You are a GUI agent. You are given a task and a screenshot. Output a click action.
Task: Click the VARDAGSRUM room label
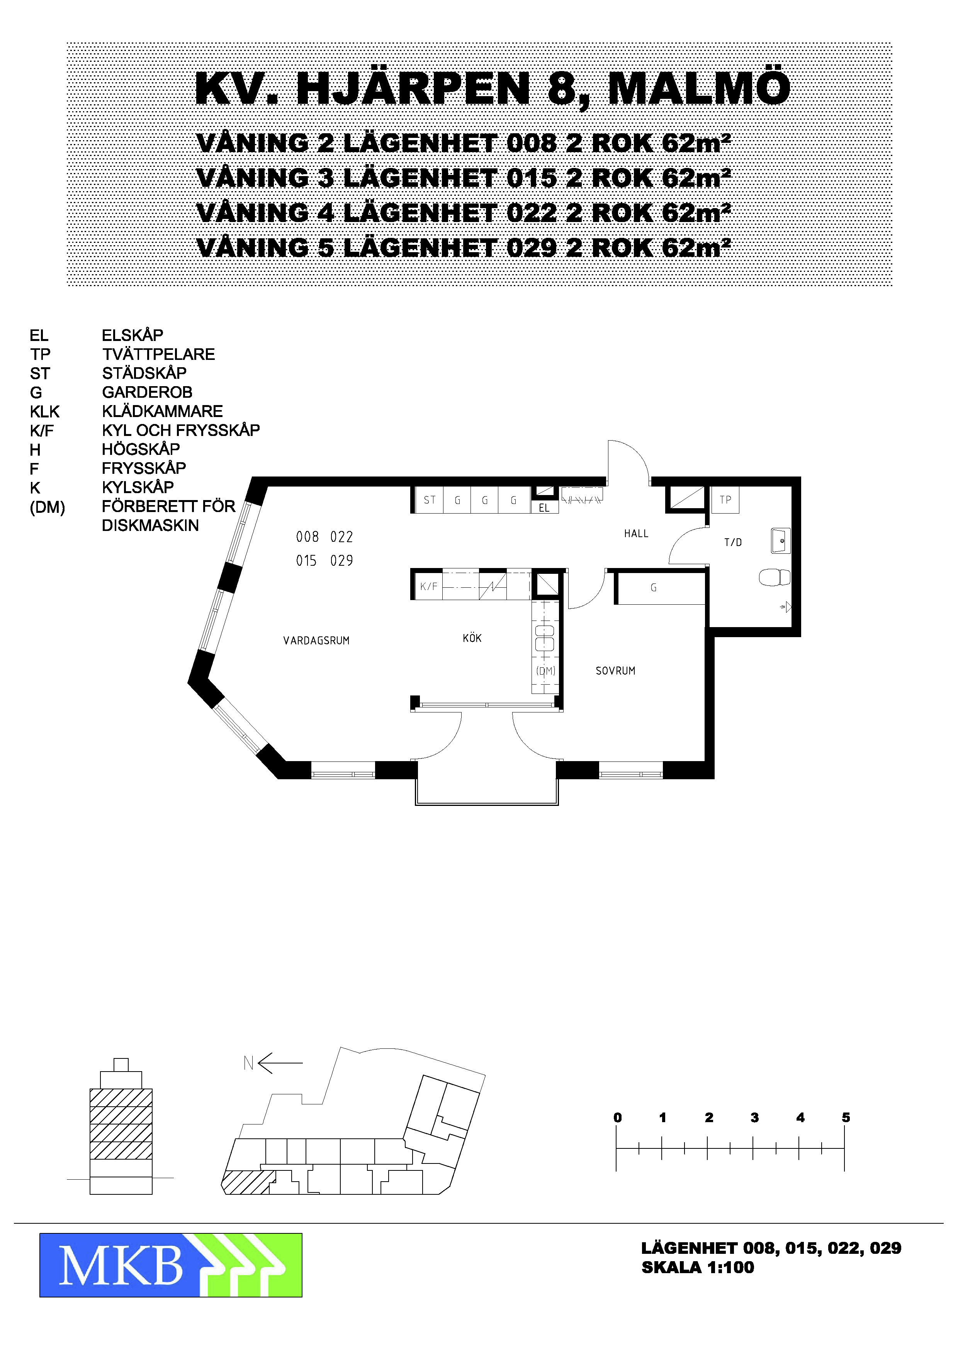pyautogui.click(x=316, y=640)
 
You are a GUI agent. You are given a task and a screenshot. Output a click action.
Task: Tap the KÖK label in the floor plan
pyautogui.click(x=472, y=638)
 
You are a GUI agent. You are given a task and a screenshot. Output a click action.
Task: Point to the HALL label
pyautogui.click(x=636, y=534)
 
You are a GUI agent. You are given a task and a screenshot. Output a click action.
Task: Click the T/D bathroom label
pyautogui.click(x=733, y=543)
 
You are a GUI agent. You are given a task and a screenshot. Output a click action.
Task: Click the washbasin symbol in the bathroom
pyautogui.click(x=781, y=541)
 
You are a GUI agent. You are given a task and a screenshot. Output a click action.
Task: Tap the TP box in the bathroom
pyautogui.click(x=725, y=500)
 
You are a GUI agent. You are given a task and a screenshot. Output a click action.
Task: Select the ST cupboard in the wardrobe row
pyautogui.click(x=429, y=500)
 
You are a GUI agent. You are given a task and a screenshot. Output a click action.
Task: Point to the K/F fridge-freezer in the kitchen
pyautogui.click(x=428, y=586)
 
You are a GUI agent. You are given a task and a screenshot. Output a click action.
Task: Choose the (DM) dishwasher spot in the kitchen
pyautogui.click(x=545, y=671)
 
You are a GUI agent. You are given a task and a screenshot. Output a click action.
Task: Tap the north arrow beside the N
pyautogui.click(x=280, y=1063)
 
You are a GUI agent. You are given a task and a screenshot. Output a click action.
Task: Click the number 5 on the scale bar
pyautogui.click(x=846, y=1117)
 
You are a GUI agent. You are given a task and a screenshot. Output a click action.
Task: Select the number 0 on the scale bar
pyautogui.click(x=617, y=1117)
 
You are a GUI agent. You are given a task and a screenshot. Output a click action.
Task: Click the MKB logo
pyautogui.click(x=171, y=1265)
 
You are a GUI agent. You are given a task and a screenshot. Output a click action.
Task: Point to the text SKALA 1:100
pyautogui.click(x=698, y=1267)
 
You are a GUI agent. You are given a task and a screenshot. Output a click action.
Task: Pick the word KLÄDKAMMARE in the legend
pyautogui.click(x=162, y=411)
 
